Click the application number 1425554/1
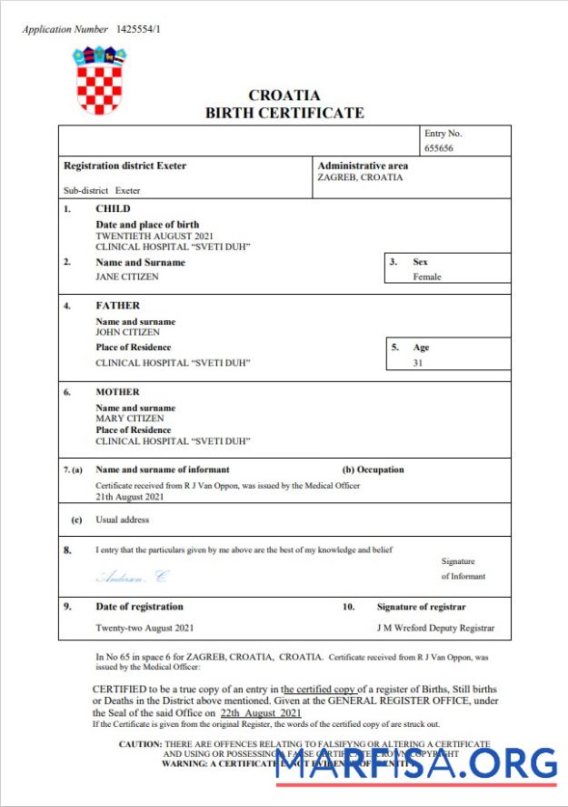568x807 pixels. (139, 29)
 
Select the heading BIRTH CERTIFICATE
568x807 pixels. (284, 113)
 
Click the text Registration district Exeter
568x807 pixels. (125, 166)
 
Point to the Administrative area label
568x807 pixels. (363, 166)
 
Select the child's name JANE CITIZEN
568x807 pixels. (127, 276)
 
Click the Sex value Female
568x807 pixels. (427, 277)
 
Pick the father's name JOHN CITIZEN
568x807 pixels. (128, 332)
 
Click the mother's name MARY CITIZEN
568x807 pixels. (129, 419)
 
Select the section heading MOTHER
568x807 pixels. (117, 392)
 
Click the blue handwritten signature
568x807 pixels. (133, 577)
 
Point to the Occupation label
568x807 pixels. (374, 469)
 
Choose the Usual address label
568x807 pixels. (123, 520)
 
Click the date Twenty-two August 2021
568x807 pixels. (144, 628)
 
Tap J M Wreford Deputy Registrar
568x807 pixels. (435, 628)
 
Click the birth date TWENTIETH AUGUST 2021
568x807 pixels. (154, 236)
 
